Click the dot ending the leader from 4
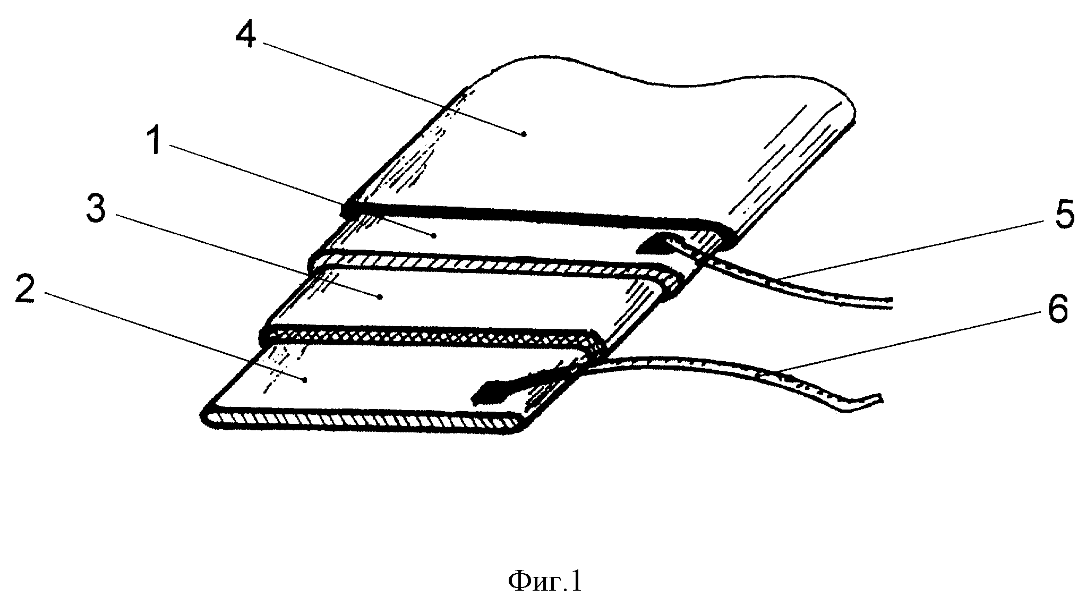click(x=524, y=134)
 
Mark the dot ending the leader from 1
click(x=434, y=234)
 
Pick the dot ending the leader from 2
click(x=304, y=379)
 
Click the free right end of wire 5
click(x=893, y=303)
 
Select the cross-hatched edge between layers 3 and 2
click(x=430, y=337)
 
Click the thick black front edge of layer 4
click(x=536, y=217)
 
